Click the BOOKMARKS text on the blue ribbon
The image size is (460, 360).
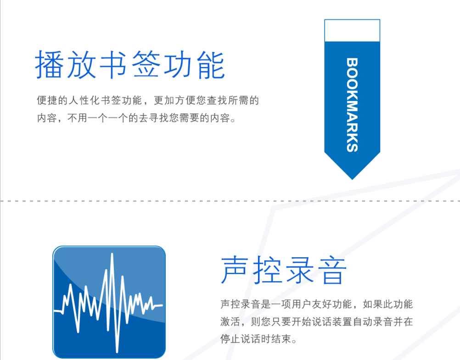(x=352, y=105)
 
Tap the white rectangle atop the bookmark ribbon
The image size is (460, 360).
(x=352, y=30)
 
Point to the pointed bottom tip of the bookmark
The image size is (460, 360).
(x=352, y=179)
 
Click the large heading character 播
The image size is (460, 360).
(x=49, y=65)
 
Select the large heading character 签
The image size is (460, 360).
(x=146, y=65)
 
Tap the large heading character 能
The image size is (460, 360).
(x=211, y=65)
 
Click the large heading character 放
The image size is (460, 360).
(x=81, y=65)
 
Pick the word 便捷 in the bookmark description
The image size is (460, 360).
(x=47, y=100)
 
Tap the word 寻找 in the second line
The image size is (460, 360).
(x=159, y=118)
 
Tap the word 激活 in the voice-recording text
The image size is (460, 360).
(x=230, y=321)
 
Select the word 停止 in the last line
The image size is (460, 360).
(x=230, y=339)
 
